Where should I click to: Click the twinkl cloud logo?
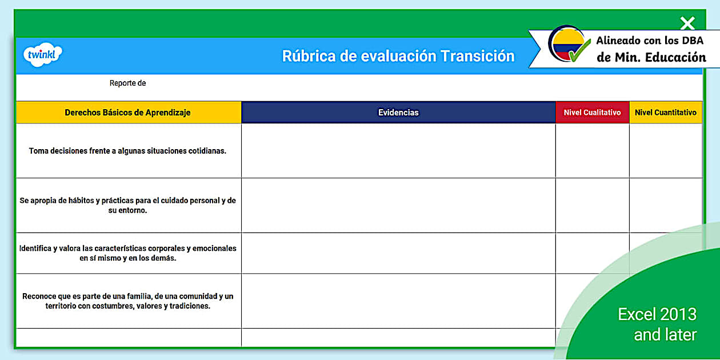pos(42,55)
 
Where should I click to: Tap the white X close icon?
pos(687,23)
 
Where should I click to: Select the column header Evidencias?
pos(398,113)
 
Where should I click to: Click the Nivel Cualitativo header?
pos(592,113)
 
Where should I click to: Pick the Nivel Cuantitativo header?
pos(666,113)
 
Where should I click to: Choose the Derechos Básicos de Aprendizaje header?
pos(127,113)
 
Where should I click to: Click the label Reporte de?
pos(127,83)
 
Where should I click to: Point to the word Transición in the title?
pos(477,56)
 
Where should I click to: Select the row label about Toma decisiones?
pos(127,151)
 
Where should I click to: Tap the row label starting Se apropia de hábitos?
pos(127,205)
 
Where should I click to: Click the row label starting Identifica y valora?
pos(127,253)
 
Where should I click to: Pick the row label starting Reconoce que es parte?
pos(127,301)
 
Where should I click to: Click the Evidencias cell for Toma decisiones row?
pos(398,151)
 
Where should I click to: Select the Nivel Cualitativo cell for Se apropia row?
pos(592,205)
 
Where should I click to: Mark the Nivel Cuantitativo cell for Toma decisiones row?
pos(666,151)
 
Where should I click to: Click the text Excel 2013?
pos(657,314)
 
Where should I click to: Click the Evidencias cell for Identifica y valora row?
pos(398,253)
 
